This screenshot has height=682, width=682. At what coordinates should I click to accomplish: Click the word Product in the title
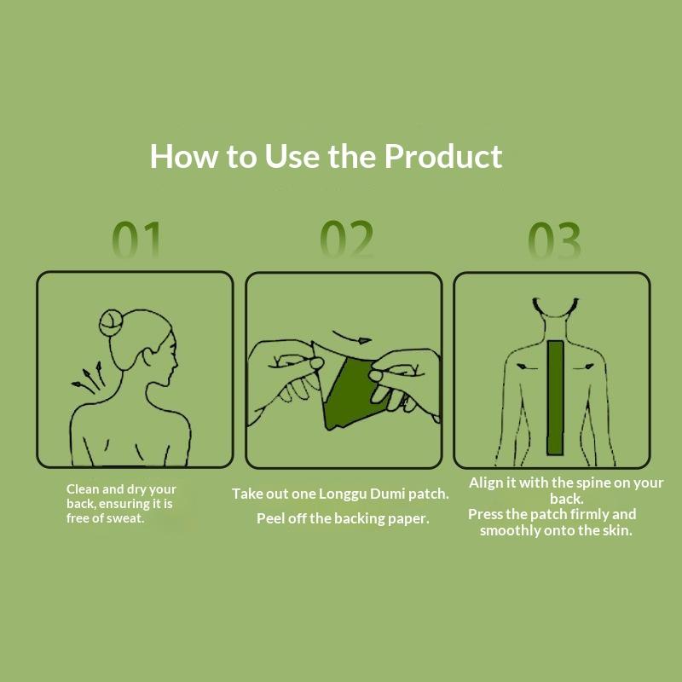(x=442, y=156)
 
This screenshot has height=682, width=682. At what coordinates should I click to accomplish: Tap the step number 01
(x=136, y=240)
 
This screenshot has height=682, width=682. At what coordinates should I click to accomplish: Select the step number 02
(x=346, y=240)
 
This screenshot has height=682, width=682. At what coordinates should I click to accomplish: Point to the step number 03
(x=554, y=240)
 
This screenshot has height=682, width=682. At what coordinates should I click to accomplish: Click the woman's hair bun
(x=111, y=323)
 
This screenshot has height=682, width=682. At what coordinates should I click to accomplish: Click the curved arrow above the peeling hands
(x=351, y=338)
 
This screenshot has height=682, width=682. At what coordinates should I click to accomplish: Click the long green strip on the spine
(x=555, y=397)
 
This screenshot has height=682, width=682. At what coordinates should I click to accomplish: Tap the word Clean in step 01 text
(x=83, y=488)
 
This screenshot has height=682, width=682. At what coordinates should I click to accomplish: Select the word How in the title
(x=183, y=156)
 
